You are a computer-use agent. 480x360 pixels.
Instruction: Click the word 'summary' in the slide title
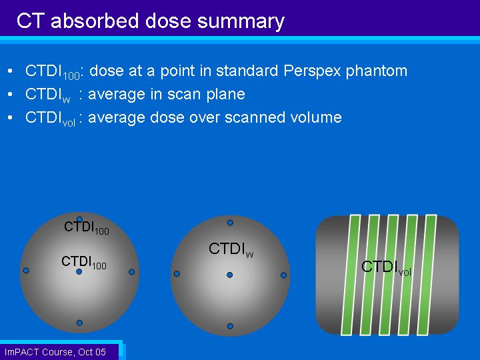click(241, 22)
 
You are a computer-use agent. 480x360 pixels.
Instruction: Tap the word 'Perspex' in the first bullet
click(312, 71)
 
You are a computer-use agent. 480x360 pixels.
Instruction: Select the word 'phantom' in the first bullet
click(377, 71)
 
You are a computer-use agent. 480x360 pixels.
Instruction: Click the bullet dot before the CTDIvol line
click(10, 117)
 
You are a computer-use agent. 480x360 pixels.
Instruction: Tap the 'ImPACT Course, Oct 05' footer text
click(55, 352)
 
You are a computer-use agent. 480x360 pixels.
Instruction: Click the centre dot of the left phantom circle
click(79, 271)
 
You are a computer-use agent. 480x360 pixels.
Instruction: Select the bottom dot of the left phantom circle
click(79, 323)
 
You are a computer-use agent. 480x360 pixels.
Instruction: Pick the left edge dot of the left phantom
click(26, 270)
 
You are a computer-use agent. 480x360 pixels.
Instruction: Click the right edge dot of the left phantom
click(131, 272)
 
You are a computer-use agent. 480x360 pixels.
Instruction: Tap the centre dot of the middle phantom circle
click(229, 275)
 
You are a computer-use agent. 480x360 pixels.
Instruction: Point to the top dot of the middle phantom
click(230, 223)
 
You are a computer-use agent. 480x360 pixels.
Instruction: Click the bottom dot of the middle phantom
click(230, 326)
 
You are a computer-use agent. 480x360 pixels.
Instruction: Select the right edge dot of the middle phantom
click(283, 275)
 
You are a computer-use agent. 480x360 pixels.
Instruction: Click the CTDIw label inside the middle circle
click(231, 249)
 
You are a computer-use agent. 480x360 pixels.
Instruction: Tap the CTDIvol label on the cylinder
click(386, 268)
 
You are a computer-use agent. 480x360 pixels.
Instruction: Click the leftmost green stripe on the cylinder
click(351, 275)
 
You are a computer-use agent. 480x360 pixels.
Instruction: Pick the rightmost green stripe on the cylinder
click(427, 275)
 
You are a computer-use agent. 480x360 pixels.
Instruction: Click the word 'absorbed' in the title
click(95, 21)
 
